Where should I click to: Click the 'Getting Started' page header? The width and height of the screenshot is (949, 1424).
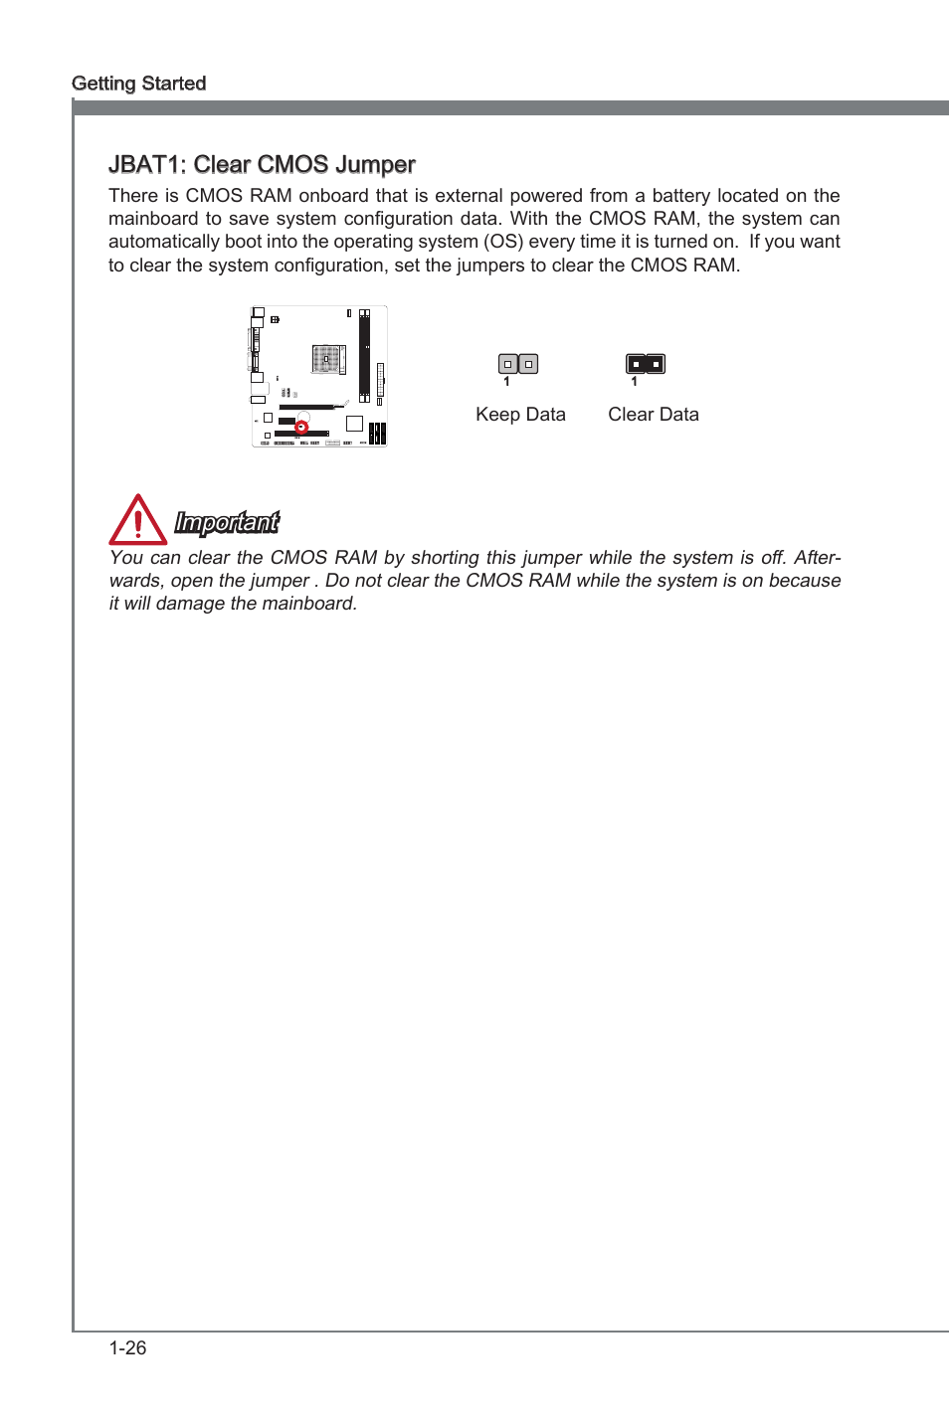pyautogui.click(x=139, y=84)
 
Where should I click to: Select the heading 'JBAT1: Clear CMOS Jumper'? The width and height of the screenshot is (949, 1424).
pyautogui.click(x=262, y=164)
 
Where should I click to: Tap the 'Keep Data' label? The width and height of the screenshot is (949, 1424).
pyautogui.click(x=520, y=415)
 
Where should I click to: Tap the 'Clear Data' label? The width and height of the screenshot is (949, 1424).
pyautogui.click(x=654, y=415)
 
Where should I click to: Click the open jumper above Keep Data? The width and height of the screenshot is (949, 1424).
pyautogui.click(x=518, y=364)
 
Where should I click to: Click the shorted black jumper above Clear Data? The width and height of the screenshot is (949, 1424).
pyautogui.click(x=646, y=364)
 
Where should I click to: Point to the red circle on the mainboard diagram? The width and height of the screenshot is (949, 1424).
pyautogui.click(x=301, y=428)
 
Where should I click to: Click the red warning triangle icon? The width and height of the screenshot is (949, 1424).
pyautogui.click(x=137, y=520)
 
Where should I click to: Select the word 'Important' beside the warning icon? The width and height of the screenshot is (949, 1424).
pyautogui.click(x=227, y=522)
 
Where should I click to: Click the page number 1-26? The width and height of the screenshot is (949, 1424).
pyautogui.click(x=128, y=1348)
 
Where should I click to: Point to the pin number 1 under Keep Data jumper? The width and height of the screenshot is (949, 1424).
pyautogui.click(x=506, y=382)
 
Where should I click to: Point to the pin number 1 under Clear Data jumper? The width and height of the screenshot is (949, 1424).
pyautogui.click(x=634, y=382)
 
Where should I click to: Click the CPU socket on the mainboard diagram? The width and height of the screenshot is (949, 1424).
pyautogui.click(x=326, y=358)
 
